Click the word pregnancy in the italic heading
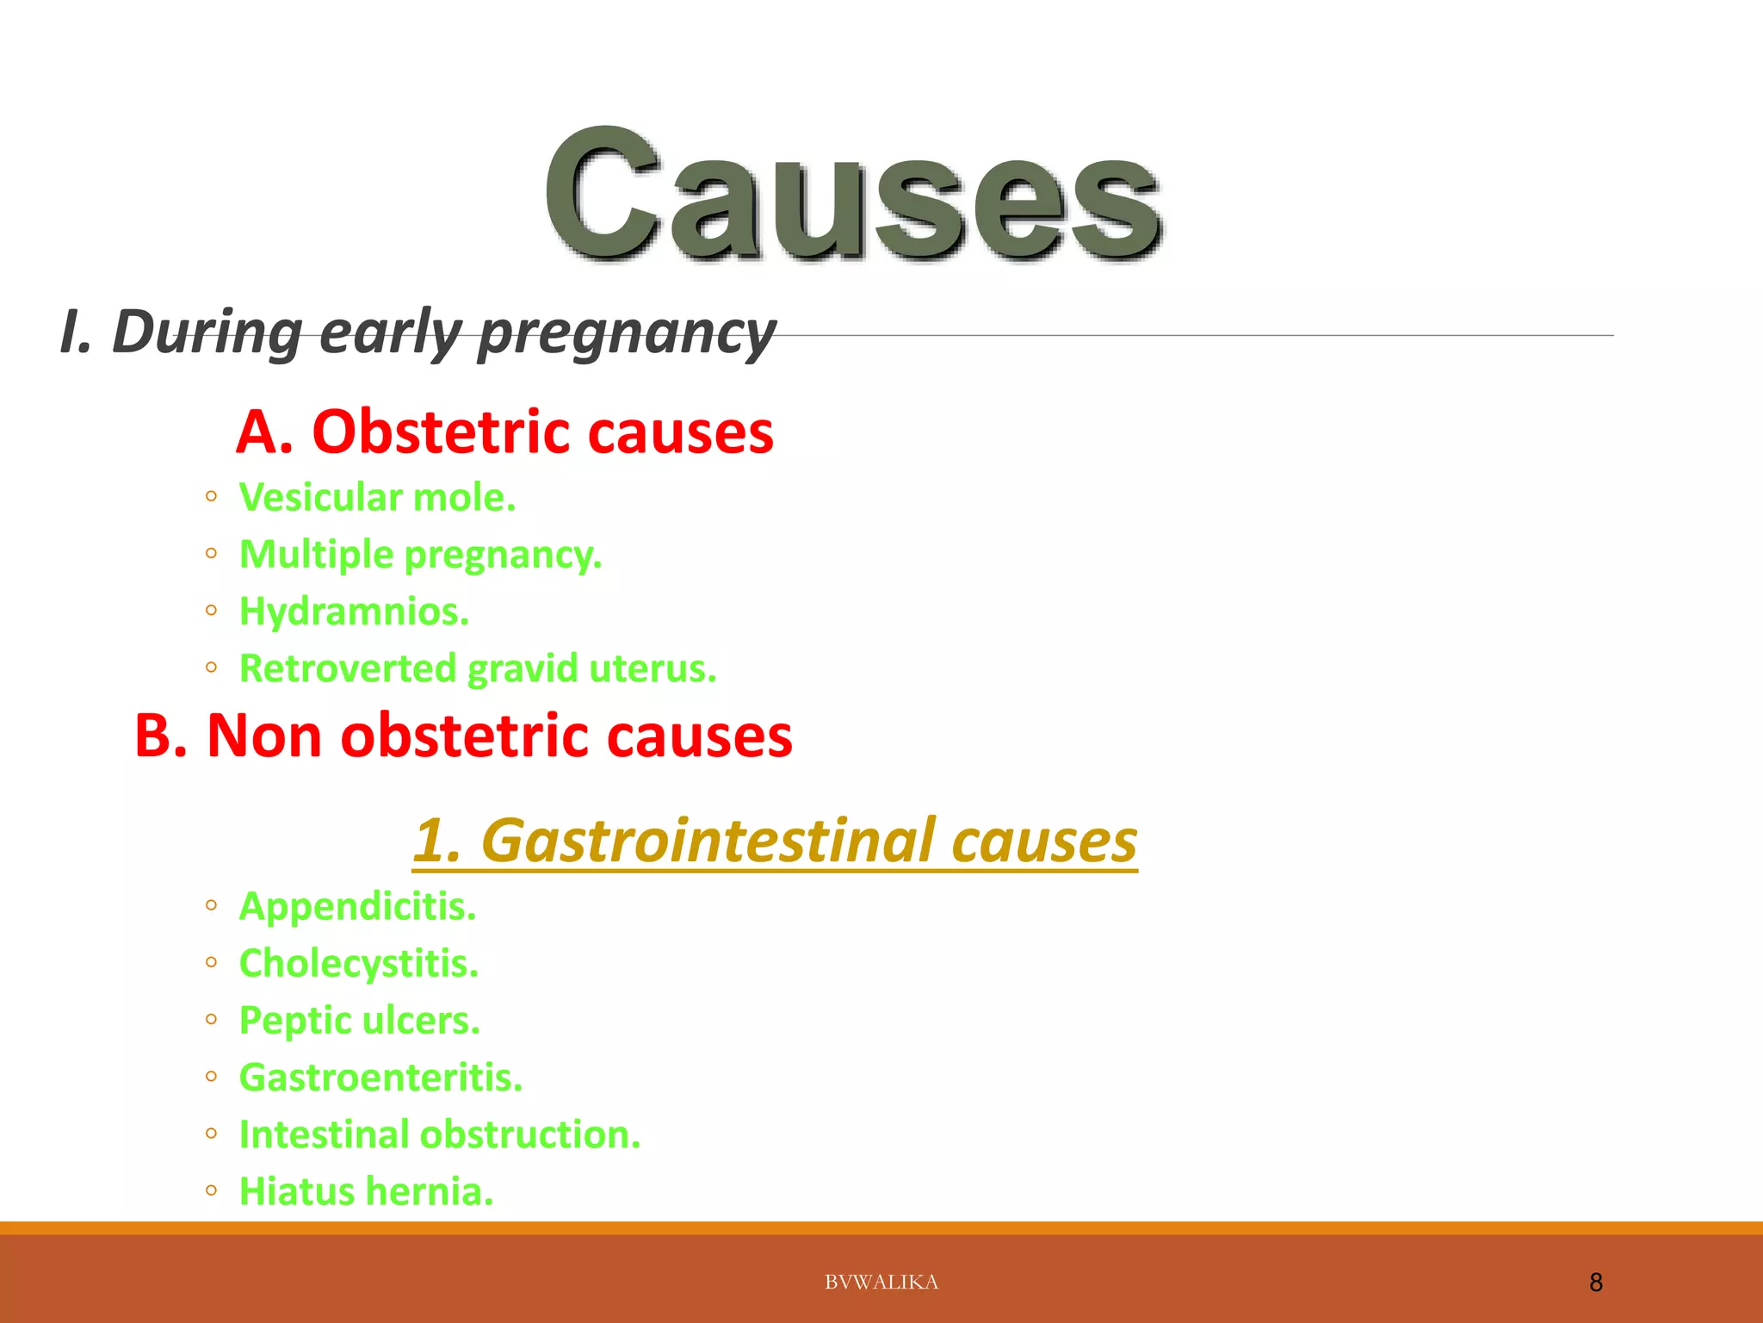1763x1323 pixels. (627, 334)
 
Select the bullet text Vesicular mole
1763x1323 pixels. (377, 497)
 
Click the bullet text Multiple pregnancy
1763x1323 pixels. (420, 555)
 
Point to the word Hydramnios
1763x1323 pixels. (354, 612)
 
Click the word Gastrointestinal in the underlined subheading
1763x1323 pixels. (708, 841)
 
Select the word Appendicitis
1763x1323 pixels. (357, 906)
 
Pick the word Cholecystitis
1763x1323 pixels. (358, 963)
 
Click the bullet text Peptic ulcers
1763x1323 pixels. (359, 1021)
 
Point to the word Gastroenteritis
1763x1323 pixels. (380, 1078)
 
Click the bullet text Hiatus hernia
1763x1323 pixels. (366, 1191)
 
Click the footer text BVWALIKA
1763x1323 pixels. (881, 1282)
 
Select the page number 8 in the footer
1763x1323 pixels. (1595, 1283)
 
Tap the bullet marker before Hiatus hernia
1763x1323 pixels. (212, 1191)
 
